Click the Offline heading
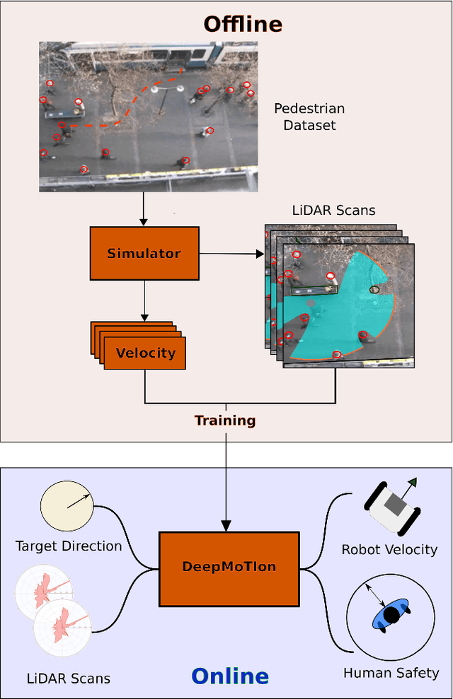pos(243,24)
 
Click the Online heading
pos(230,676)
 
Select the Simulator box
pos(144,253)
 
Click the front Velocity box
pos(145,353)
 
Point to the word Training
pos(225,421)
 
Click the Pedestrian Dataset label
pos(309,117)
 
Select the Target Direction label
pos(69,546)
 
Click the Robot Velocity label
pos(389,549)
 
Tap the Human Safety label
pos(391,673)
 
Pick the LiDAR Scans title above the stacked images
pos(333,211)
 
